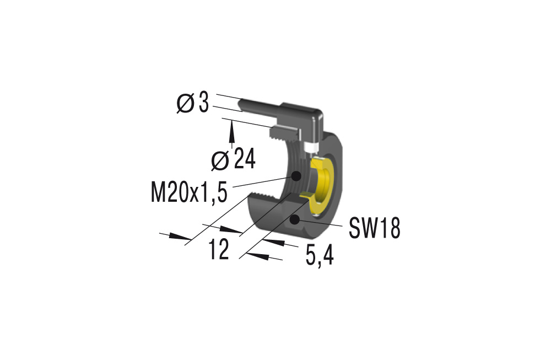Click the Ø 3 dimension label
[193, 103]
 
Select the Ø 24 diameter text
[234, 160]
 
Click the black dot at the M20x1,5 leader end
[296, 176]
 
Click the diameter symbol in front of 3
[183, 103]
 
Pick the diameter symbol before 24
[220, 160]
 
